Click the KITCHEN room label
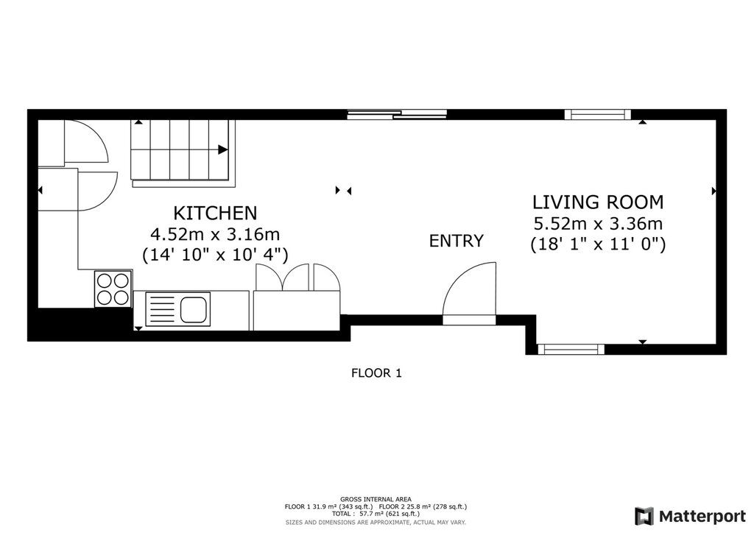215,213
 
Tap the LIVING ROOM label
598,202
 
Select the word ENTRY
456,241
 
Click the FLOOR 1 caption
376,373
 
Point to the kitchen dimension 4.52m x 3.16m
215,235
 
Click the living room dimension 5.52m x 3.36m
598,224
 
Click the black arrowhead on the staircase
222,149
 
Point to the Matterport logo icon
644,516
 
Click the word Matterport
702,517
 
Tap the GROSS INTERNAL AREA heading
376,499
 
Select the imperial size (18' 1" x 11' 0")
598,244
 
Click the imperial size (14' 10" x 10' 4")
215,255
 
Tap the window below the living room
571,350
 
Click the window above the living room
598,114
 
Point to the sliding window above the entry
398,114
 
